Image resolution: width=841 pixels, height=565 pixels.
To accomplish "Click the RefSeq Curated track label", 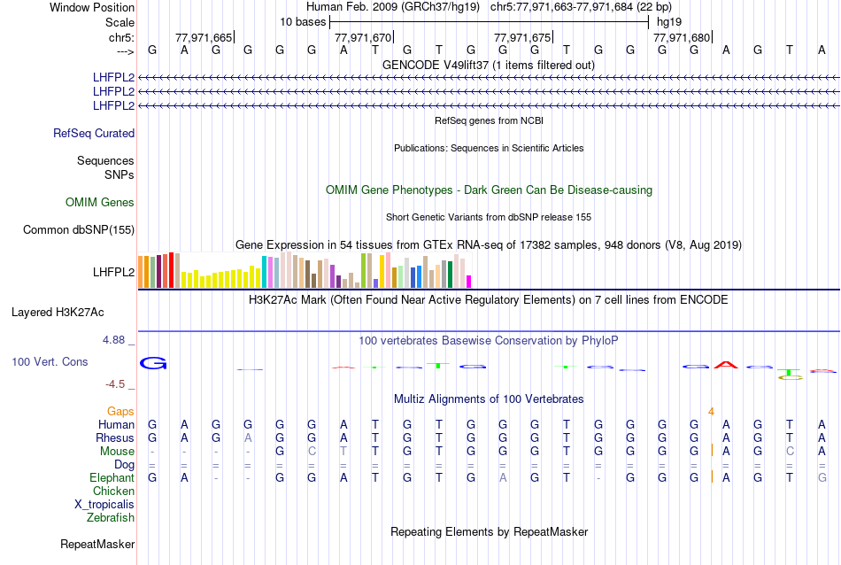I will (x=94, y=134).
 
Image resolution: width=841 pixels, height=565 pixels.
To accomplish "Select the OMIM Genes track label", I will (x=100, y=203).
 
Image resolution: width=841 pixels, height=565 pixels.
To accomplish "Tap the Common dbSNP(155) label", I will (x=78, y=230).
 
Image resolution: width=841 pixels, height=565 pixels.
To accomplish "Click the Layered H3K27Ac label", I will (x=58, y=313).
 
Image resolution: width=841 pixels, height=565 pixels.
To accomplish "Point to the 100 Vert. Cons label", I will (x=50, y=362).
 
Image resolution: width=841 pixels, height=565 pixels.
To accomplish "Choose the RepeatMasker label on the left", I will (x=97, y=544).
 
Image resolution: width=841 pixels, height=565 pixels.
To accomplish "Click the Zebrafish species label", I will (x=111, y=517).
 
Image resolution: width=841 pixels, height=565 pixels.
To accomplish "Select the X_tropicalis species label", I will (x=104, y=504).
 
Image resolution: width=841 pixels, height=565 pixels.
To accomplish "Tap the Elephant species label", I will (x=112, y=478).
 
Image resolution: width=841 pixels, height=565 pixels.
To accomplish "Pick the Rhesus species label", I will (x=116, y=438).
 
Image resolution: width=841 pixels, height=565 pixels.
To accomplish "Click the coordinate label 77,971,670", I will (x=363, y=38).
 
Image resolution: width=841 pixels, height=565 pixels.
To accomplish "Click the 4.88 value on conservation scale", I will (x=116, y=339).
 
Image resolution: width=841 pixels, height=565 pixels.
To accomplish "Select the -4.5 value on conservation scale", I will (x=118, y=384).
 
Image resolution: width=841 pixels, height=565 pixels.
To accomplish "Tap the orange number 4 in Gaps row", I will (x=711, y=412).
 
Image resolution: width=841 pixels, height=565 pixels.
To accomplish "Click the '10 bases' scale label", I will (x=303, y=21).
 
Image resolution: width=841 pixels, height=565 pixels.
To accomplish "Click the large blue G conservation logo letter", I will (x=153, y=364).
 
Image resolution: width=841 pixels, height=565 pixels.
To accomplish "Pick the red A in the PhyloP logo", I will (x=726, y=364).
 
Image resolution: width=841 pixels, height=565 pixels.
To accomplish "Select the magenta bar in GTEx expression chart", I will (x=468, y=282).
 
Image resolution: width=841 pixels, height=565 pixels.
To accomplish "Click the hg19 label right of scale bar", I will (x=669, y=21).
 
